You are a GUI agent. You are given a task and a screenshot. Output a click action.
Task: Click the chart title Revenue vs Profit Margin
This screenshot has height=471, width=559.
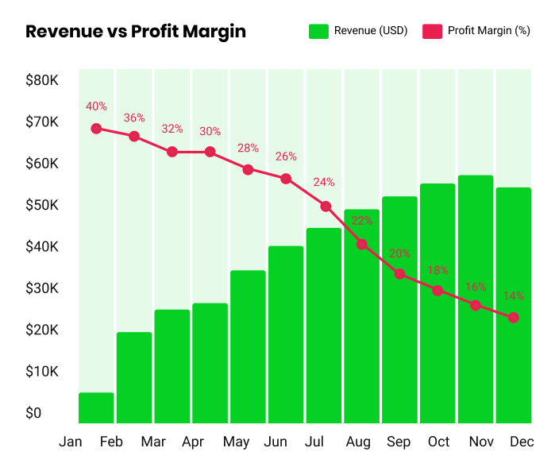[136, 32]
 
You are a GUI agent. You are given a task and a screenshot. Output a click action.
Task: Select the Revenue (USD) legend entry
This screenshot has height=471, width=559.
[358, 31]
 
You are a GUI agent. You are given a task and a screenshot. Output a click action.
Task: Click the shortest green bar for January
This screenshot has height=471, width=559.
[96, 407]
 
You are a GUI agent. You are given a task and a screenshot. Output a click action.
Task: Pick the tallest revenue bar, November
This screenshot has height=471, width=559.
[476, 299]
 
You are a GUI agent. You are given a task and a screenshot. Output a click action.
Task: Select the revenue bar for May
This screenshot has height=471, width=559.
[248, 346]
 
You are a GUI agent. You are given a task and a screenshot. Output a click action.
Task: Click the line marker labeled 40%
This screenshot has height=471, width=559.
[96, 128]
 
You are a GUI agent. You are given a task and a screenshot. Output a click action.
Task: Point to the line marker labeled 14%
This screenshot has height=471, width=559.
[514, 318]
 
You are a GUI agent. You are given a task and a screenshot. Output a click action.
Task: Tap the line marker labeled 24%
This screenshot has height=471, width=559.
[326, 207]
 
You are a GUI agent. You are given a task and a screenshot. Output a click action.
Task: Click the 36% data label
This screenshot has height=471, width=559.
[134, 118]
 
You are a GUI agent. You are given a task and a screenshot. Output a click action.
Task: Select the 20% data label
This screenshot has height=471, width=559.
[399, 254]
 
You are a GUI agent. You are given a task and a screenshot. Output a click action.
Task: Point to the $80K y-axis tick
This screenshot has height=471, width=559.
[42, 80]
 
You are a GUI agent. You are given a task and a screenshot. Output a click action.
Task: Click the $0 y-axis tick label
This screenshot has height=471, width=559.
[33, 413]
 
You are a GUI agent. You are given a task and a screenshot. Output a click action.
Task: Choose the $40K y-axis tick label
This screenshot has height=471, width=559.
[42, 247]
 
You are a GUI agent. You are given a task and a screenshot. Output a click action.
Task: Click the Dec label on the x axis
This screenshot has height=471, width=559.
[522, 442]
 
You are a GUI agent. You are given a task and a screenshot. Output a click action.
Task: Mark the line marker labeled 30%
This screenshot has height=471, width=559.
[210, 152]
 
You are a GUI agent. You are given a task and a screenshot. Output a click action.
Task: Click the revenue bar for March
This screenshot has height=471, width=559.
[172, 366]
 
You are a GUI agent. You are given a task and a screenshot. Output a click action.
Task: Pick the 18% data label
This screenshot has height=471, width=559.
[438, 271]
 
